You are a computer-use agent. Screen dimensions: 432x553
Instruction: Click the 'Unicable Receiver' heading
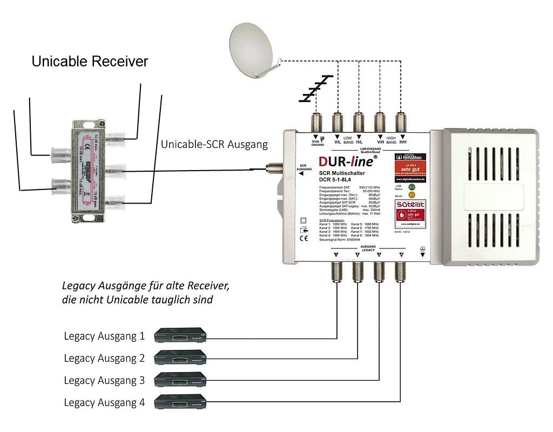tap(90, 62)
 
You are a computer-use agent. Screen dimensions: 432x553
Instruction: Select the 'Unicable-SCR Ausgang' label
tap(214, 145)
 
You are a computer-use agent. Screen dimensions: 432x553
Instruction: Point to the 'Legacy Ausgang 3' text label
tap(104, 380)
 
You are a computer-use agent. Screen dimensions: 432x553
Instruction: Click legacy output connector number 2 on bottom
tap(358, 272)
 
